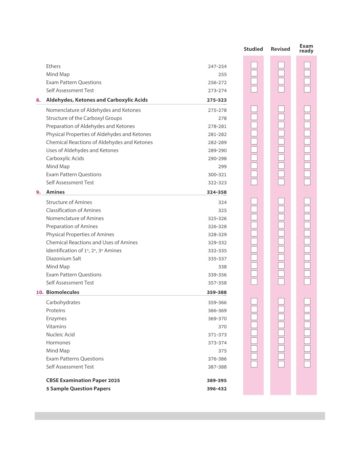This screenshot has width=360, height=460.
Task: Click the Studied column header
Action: pyautogui.click(x=253, y=49)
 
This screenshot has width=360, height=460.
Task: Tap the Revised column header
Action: pyautogui.click(x=280, y=49)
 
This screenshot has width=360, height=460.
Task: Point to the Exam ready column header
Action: pyautogui.click(x=306, y=48)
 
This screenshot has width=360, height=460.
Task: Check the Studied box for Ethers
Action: pyautogui.click(x=254, y=65)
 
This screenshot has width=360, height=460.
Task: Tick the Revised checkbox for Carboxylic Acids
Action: pyautogui.click(x=281, y=158)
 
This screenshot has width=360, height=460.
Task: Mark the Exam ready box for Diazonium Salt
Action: pyautogui.click(x=307, y=258)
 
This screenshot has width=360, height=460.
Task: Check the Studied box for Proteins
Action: pyautogui.click(x=254, y=309)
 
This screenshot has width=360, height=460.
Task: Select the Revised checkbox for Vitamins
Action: pyautogui.click(x=281, y=325)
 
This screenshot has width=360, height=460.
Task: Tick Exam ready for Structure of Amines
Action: pyautogui.click(x=307, y=201)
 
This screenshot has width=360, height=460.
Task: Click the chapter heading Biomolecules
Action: pyautogui.click(x=63, y=292)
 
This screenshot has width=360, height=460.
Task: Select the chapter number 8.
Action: pyautogui.click(x=38, y=100)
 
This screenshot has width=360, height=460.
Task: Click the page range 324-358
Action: pyautogui.click(x=216, y=192)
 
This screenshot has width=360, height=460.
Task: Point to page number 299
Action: pyautogui.click(x=222, y=167)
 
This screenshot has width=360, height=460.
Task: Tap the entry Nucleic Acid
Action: pyautogui.click(x=60, y=335)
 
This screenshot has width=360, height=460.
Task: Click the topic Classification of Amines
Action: pyautogui.click(x=73, y=210)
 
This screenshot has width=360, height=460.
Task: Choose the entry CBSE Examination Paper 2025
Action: pyautogui.click(x=83, y=380)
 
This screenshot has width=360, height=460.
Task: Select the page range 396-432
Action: pyautogui.click(x=216, y=389)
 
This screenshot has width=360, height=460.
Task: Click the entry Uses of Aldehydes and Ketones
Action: pyautogui.click(x=82, y=150)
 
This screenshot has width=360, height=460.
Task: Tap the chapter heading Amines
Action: pyautogui.click(x=55, y=192)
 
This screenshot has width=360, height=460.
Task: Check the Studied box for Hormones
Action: pyautogui.click(x=254, y=341)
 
